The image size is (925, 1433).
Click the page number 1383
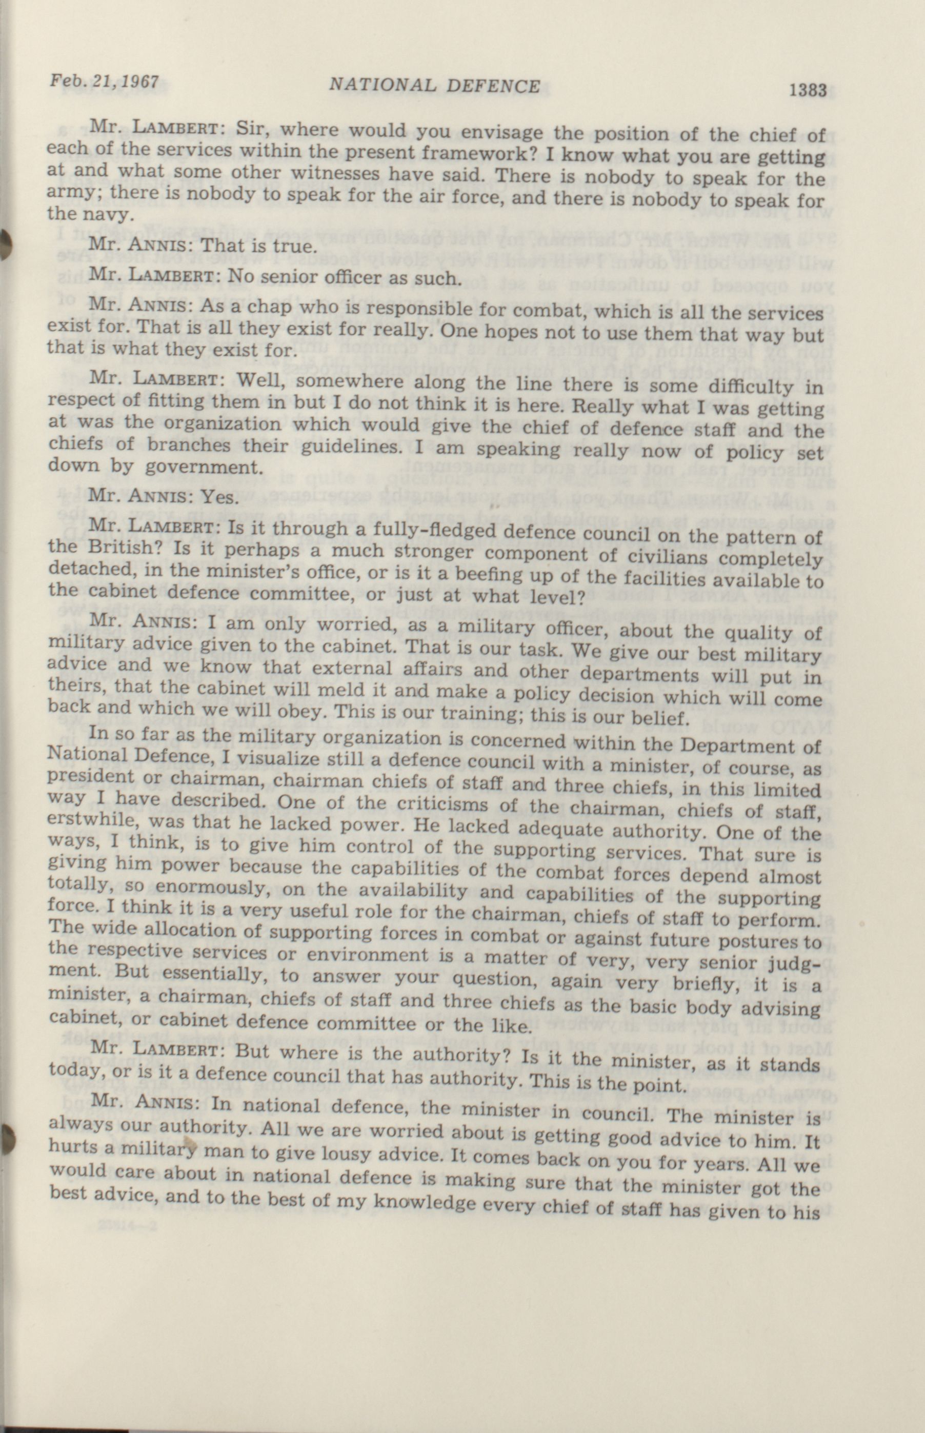(x=808, y=90)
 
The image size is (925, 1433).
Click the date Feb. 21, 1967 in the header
(x=105, y=81)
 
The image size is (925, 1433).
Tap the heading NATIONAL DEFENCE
(x=435, y=86)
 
